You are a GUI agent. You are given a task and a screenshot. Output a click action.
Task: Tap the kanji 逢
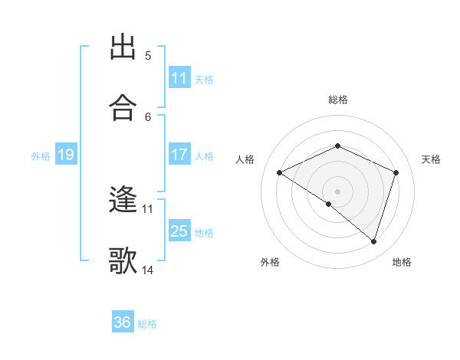pyautogui.click(x=123, y=201)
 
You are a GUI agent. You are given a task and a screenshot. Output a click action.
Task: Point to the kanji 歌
pyautogui.click(x=123, y=260)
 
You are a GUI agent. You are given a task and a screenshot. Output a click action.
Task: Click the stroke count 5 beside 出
pyautogui.click(x=148, y=56)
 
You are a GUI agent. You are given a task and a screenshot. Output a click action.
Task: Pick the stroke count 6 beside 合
pyautogui.click(x=148, y=116)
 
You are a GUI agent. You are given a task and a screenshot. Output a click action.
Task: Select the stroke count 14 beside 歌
pyautogui.click(x=148, y=270)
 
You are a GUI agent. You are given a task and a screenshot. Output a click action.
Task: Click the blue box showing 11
pyautogui.click(x=179, y=78)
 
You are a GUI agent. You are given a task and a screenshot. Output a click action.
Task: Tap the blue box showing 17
pyautogui.click(x=179, y=155)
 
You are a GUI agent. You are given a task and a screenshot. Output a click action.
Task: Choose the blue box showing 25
pyautogui.click(x=179, y=231)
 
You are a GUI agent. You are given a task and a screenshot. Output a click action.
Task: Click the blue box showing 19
pyautogui.click(x=65, y=155)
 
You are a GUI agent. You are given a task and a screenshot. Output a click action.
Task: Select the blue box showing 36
pyautogui.click(x=123, y=322)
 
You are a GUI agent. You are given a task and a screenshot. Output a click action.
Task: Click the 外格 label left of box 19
pyautogui.click(x=41, y=155)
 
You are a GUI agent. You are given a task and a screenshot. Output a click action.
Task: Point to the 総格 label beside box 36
pyautogui.click(x=147, y=323)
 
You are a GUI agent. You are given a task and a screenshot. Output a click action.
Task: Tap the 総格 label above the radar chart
pyautogui.click(x=338, y=100)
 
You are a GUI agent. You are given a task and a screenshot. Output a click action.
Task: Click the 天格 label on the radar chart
pyautogui.click(x=431, y=159)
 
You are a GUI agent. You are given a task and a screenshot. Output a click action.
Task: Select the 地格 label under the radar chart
pyautogui.click(x=402, y=262)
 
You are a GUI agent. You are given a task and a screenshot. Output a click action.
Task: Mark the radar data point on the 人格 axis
pyautogui.click(x=280, y=172)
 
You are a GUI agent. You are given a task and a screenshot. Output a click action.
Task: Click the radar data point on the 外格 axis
pyautogui.click(x=329, y=204)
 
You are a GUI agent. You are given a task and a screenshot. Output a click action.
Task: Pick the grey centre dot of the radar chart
pyautogui.click(x=338, y=191)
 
